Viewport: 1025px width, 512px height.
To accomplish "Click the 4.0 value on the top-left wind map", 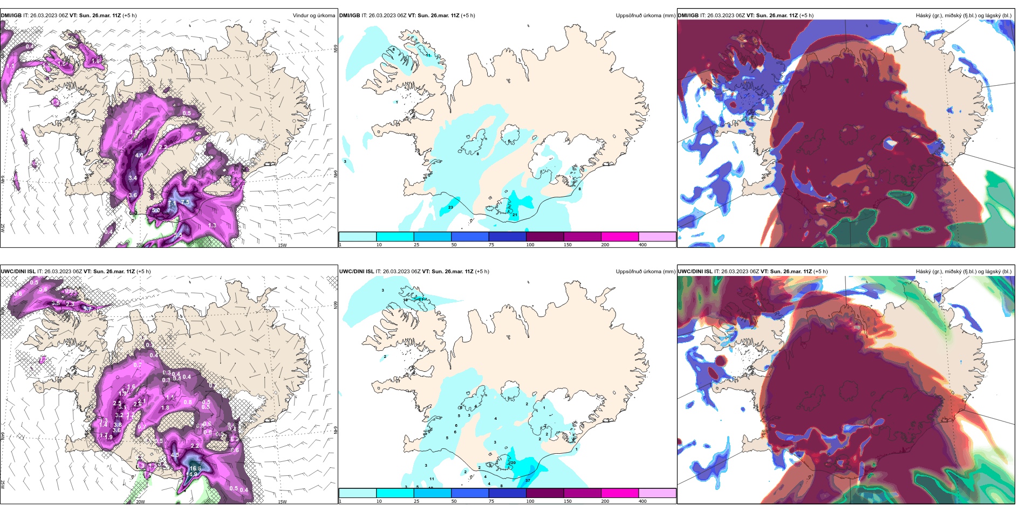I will (139, 155).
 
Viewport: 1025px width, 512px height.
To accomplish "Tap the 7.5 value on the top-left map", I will (186, 202).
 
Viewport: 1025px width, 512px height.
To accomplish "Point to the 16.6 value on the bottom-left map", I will (195, 468).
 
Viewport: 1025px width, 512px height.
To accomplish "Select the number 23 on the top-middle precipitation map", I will (450, 207).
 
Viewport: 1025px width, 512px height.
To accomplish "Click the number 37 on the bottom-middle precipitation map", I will (528, 480).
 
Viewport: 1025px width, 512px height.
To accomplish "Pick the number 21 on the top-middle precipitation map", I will (515, 215).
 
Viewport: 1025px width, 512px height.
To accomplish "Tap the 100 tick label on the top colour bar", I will (530, 245).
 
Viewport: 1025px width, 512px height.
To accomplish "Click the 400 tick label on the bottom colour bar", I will (643, 501).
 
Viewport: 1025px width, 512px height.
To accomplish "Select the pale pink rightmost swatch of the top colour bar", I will (657, 237).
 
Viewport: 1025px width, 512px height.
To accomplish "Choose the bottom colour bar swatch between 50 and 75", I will (469, 493).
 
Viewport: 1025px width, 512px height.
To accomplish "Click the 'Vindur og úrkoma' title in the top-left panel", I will (314, 16).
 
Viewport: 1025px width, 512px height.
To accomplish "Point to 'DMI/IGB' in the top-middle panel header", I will (350, 16).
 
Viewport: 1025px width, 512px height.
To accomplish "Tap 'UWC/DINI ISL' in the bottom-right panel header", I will (695, 272).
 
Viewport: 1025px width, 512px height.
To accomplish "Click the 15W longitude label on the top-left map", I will (282, 245).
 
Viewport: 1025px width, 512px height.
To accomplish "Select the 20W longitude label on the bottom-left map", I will (140, 501).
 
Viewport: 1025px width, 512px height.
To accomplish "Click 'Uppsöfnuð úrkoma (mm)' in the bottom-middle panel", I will (645, 272).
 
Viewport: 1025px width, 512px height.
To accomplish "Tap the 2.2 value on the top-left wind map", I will (163, 147).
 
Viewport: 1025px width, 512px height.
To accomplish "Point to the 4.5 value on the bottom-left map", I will (175, 455).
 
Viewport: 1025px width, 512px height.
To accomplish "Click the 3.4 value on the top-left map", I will (133, 177).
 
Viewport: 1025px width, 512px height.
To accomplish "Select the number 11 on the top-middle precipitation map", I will (428, 55).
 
